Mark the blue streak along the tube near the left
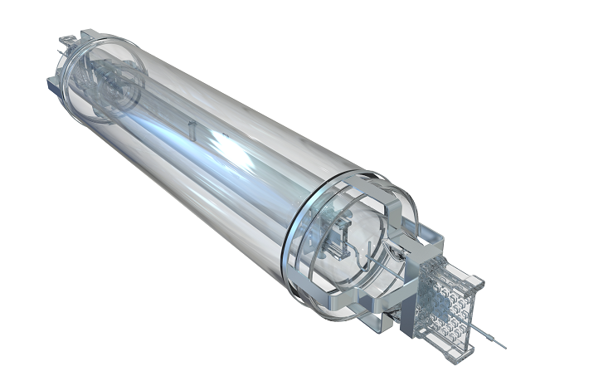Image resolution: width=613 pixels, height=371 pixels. pyautogui.click(x=158, y=124)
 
